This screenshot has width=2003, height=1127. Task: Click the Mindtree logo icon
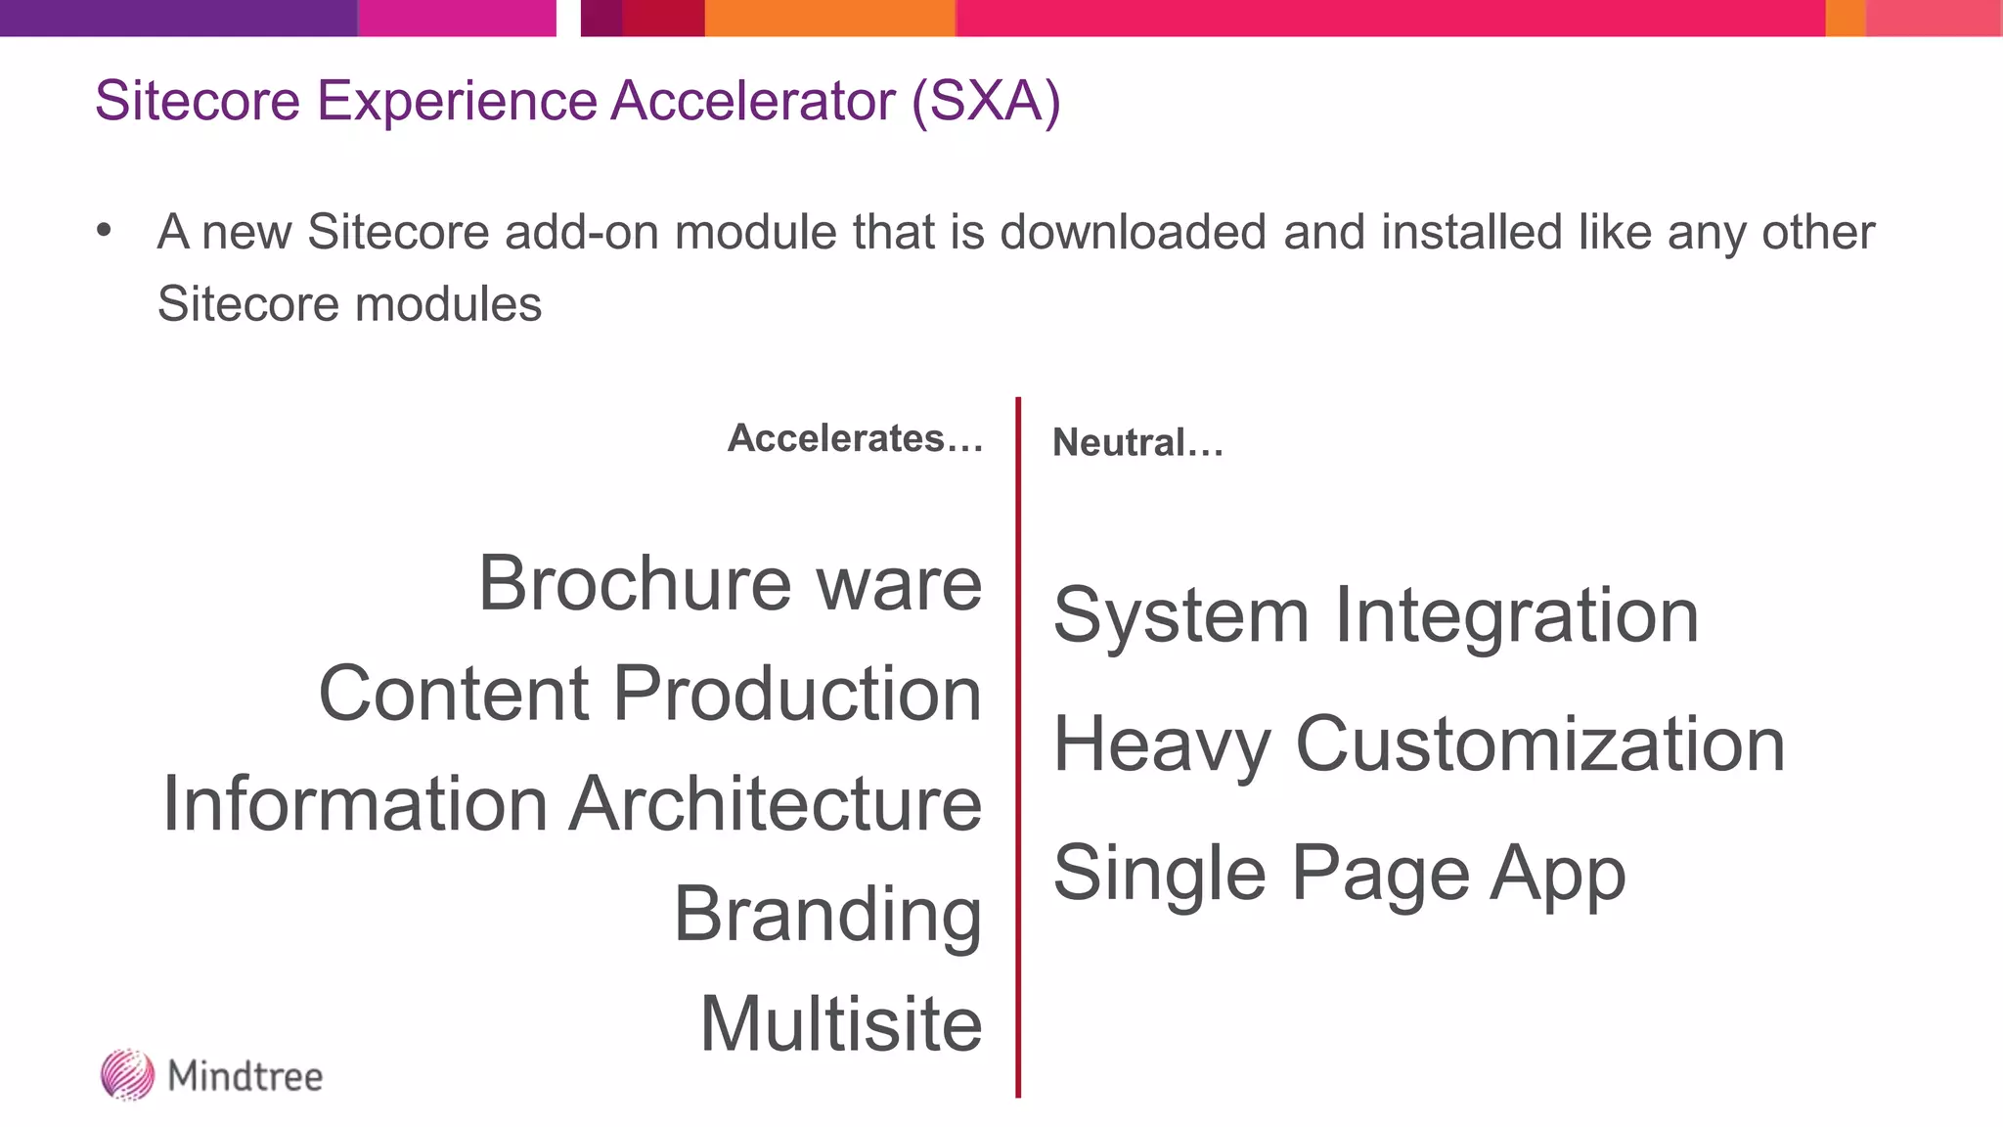(127, 1074)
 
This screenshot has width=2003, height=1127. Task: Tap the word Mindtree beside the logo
(245, 1076)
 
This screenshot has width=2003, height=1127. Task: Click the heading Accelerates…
(855, 438)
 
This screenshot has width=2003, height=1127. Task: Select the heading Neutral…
(1137, 443)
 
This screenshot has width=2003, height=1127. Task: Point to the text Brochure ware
(730, 583)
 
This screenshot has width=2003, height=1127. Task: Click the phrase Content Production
(650, 694)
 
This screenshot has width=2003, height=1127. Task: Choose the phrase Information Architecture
(572, 804)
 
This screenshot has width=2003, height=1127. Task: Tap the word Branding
(827, 915)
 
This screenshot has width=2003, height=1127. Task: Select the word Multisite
(841, 1024)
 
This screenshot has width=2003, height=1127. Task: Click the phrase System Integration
(1376, 616)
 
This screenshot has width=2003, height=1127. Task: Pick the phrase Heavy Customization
(1419, 744)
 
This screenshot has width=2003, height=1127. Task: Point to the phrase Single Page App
(1339, 874)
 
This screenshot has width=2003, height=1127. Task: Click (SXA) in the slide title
(986, 101)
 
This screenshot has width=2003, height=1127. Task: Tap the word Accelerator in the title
(753, 101)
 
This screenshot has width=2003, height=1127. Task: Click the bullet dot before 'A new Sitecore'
(105, 231)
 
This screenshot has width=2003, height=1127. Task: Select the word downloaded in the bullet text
(1134, 233)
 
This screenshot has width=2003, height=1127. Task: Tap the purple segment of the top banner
(178, 18)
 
